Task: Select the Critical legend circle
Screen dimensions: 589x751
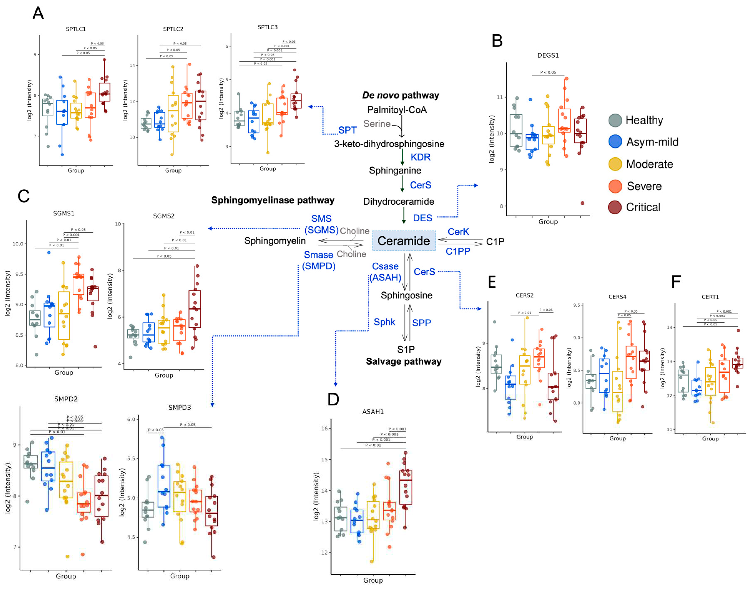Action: point(615,207)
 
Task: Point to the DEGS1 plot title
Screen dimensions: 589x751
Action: point(548,55)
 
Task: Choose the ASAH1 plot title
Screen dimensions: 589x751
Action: point(373,412)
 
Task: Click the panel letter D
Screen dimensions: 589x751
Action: point(333,399)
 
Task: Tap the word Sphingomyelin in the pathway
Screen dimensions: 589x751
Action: point(275,241)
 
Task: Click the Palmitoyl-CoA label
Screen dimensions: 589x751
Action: point(397,110)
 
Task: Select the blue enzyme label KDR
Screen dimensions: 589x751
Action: point(420,157)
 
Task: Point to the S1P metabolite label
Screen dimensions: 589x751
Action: point(406,349)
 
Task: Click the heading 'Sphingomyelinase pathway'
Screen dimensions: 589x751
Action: point(273,200)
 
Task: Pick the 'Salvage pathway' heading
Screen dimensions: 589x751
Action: point(403,361)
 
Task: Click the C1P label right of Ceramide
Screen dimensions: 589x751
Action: point(495,242)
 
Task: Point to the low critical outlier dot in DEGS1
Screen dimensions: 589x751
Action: point(583,203)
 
